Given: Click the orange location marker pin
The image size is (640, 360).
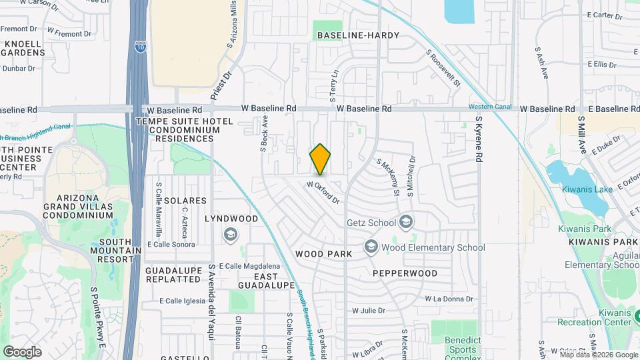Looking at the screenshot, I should coord(320,159).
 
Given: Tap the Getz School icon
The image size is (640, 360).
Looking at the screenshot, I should coord(405,222).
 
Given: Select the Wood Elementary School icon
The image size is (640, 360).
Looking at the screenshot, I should coord(371,247).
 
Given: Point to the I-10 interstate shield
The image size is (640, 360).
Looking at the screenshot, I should coord(139,47).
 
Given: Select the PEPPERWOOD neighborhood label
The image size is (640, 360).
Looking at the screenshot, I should coord(405,273).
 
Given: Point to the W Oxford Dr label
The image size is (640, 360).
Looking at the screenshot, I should coord(324,193).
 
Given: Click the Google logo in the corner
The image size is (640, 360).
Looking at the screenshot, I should coord(22,351).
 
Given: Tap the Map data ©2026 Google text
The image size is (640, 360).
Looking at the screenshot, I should coord(598,355).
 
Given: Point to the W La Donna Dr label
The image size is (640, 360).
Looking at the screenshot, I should coord(449,299).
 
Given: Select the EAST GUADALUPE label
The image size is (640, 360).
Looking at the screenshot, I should coord(265,281).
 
